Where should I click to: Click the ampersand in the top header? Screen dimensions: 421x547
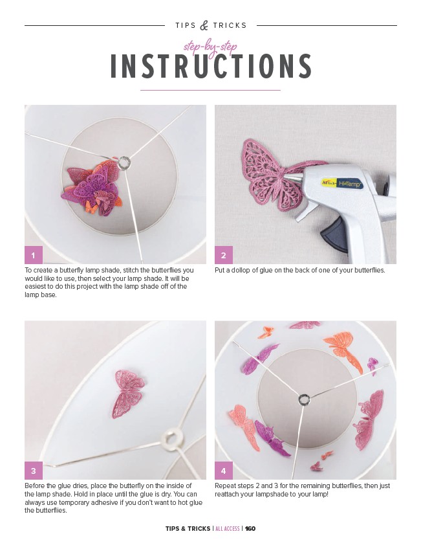204,25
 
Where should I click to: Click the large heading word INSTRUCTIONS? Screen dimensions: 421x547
211,66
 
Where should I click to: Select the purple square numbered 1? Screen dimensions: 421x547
34,255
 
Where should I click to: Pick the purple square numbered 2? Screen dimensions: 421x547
224,255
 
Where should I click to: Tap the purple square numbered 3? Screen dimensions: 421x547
34,471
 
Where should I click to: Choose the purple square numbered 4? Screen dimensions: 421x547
224,471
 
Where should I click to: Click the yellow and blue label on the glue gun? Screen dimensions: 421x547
342,183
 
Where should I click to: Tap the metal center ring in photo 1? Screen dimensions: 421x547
124,162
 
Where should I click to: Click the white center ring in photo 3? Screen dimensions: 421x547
171,438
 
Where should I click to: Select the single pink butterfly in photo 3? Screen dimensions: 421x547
128,394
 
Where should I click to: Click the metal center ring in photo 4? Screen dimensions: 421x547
304,399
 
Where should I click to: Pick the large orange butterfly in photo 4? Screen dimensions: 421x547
343,351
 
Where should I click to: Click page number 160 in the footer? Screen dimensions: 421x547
250,528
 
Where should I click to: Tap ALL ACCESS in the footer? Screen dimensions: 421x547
227,528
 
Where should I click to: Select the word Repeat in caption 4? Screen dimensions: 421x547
225,486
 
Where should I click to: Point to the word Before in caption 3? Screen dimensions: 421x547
34,486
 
